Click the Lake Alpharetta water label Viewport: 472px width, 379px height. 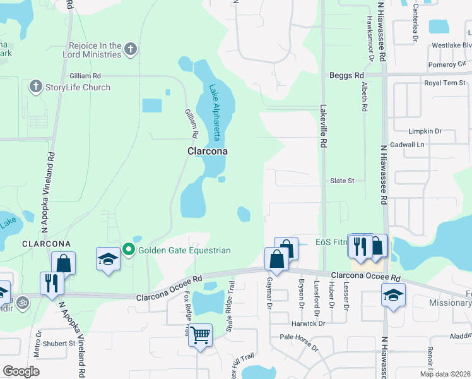click(218, 109)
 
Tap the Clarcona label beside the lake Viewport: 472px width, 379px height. click(207, 152)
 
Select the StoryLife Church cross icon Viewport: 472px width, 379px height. click(35, 87)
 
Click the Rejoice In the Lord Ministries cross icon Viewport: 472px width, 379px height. click(131, 49)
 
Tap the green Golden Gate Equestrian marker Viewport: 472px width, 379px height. click(129, 250)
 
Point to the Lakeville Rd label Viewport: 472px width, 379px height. click(322, 126)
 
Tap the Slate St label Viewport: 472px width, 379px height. click(343, 181)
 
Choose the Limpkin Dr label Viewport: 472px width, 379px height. click(425, 131)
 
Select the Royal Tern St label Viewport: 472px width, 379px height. click(444, 83)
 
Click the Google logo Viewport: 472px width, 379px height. click(21, 371)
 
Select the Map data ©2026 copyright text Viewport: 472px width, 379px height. click(445, 374)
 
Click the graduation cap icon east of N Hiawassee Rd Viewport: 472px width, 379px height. click(393, 294)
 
